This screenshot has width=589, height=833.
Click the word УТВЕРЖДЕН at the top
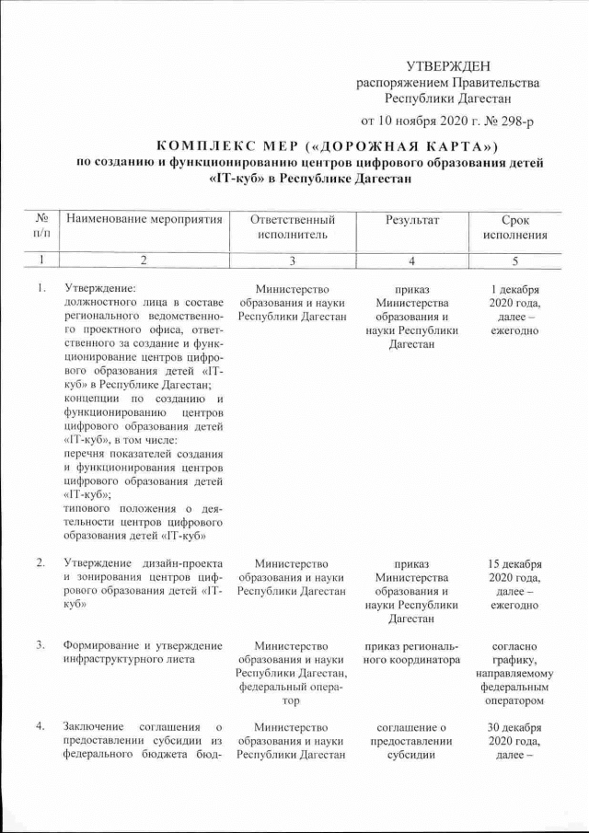pyautogui.click(x=448, y=68)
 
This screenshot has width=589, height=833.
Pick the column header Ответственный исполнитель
pyautogui.click(x=292, y=227)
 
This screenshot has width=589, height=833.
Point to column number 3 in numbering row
pyautogui.click(x=292, y=260)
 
